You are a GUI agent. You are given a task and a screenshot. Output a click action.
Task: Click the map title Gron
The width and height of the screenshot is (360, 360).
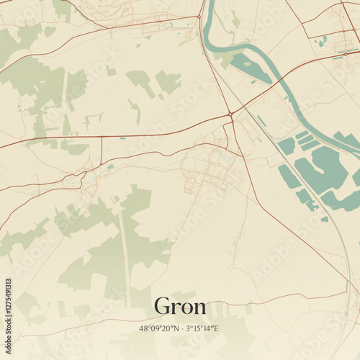[180, 307]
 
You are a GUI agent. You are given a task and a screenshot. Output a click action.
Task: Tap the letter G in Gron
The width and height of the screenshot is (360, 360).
[163, 307]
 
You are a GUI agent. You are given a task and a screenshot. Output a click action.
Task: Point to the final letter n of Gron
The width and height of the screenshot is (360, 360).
[199, 308]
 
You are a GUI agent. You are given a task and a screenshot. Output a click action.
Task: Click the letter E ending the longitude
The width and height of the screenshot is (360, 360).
[215, 328]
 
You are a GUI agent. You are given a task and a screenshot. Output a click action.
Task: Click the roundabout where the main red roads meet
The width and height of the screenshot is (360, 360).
[230, 114]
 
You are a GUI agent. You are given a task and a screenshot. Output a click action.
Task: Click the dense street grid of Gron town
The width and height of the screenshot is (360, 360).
[209, 169]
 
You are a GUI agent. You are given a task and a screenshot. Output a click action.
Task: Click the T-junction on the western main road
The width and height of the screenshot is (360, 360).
[102, 137]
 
